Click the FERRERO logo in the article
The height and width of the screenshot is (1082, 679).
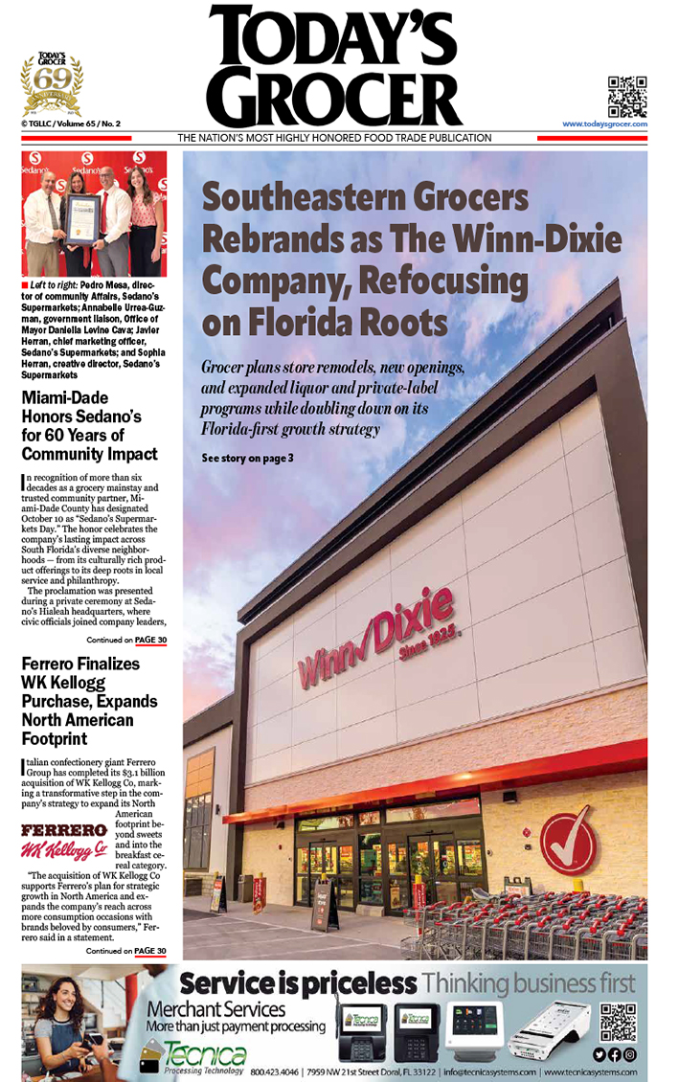click(63, 828)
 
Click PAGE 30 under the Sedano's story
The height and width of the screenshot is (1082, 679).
click(149, 640)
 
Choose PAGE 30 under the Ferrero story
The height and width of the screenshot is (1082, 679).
click(149, 951)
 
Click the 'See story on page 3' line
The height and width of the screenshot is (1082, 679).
click(247, 459)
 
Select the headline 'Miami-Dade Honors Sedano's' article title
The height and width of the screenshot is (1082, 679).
click(89, 425)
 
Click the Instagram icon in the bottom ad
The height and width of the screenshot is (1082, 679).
click(630, 1054)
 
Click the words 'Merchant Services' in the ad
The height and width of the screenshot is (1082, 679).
click(215, 1009)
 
